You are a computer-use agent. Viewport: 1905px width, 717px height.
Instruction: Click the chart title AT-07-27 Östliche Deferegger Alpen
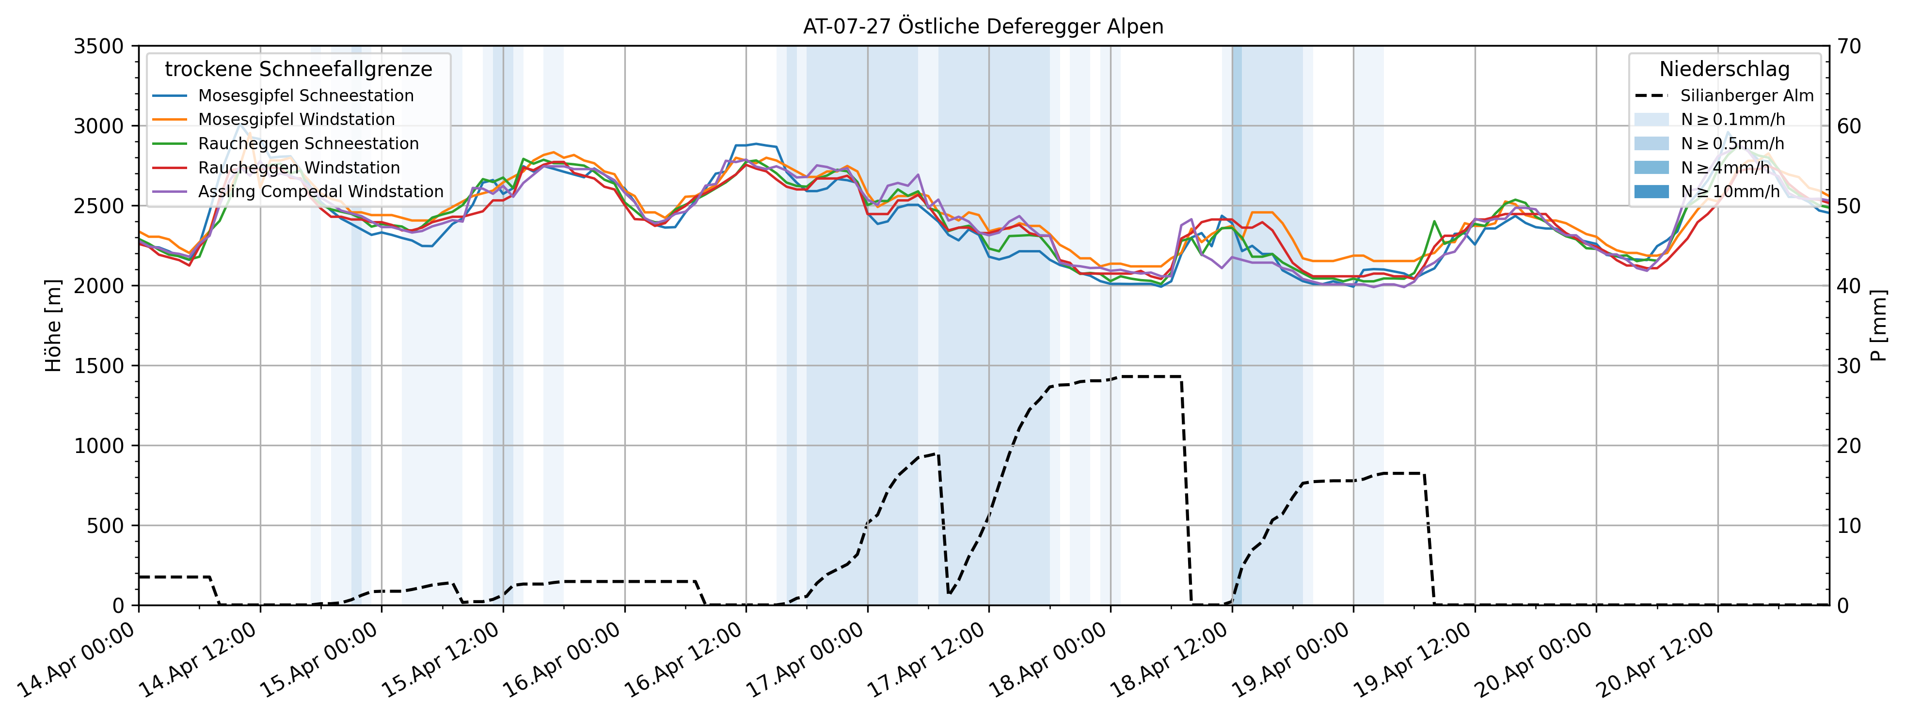point(983,27)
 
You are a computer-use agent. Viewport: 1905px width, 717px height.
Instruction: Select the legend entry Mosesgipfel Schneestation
point(305,96)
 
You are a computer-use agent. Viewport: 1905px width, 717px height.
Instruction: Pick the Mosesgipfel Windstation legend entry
point(296,120)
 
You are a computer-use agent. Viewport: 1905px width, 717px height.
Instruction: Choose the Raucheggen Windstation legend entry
point(298,168)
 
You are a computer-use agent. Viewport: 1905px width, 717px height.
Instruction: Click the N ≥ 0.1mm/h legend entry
point(1732,120)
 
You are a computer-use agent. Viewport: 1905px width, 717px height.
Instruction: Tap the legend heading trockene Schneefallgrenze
point(298,69)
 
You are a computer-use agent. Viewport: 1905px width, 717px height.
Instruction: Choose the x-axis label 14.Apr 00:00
point(78,662)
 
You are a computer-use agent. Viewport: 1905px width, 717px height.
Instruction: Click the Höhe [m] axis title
point(53,325)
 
